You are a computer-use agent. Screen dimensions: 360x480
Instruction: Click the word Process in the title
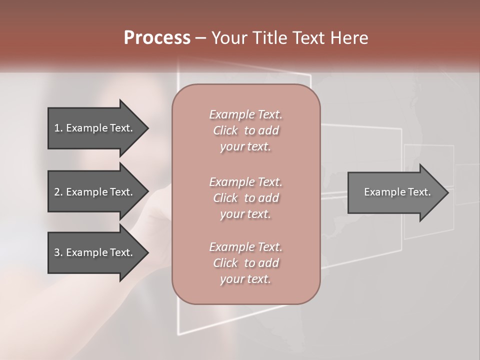(157, 38)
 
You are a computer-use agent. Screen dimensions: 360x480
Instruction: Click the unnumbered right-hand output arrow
(395, 192)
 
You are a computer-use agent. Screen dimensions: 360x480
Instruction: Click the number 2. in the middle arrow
(58, 192)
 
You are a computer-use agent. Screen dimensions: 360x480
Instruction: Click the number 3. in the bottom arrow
(58, 252)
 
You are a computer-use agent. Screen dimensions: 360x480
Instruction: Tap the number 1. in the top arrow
(58, 128)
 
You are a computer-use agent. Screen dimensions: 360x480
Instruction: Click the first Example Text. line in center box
(245, 114)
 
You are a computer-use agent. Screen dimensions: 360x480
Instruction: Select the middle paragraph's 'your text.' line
(245, 214)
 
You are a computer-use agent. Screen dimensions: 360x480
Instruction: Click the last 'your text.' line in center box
(245, 279)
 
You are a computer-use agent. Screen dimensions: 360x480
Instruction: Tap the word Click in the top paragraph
(225, 130)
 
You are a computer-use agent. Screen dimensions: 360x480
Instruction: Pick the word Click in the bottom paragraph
(225, 263)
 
